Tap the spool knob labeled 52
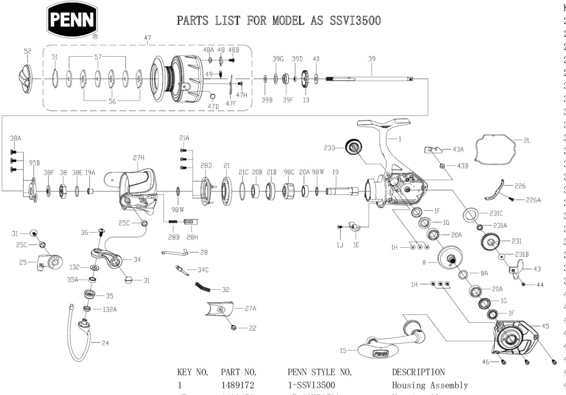coord(28,77)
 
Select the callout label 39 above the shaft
coord(372,59)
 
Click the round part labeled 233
coord(355,147)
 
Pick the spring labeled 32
coord(203,286)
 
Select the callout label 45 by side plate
coord(546,326)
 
